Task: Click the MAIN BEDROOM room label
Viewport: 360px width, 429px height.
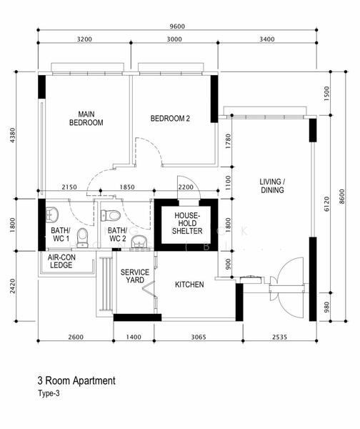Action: pyautogui.click(x=86, y=118)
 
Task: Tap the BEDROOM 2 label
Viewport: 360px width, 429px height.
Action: pyautogui.click(x=170, y=119)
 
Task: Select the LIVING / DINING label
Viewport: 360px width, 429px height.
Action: pyautogui.click(x=273, y=186)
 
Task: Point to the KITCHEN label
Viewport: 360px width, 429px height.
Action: pyautogui.click(x=189, y=285)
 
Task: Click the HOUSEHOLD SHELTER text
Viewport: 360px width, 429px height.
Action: pyautogui.click(x=188, y=223)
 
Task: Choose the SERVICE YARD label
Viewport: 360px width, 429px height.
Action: pyautogui.click(x=134, y=277)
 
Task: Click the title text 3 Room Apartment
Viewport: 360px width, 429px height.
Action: pyautogui.click(x=76, y=381)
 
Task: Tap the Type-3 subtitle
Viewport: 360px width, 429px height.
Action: pyautogui.click(x=50, y=393)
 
